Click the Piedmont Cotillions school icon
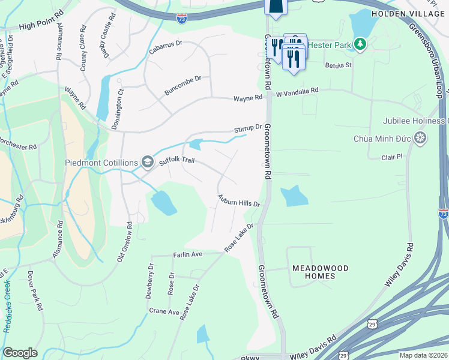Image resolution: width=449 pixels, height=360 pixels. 147,161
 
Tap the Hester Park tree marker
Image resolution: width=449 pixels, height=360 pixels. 360,43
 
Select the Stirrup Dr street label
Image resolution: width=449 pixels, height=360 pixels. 248,128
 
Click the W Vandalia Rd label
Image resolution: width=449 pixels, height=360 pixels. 296,92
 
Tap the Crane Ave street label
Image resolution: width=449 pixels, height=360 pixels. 164,311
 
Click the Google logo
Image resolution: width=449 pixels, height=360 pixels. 20,352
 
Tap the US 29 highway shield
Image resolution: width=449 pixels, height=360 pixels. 343,355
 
